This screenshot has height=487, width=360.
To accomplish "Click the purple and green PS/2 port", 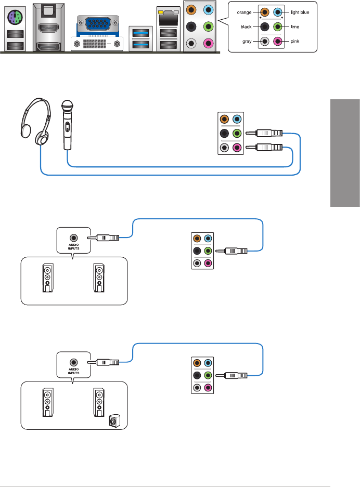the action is [x=15, y=17].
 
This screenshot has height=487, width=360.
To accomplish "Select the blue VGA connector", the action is [x=98, y=23].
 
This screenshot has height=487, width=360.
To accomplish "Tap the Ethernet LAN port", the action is [x=168, y=19].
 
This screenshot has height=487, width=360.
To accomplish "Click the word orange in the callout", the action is [x=244, y=12].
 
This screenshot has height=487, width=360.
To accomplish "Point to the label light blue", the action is [x=300, y=12].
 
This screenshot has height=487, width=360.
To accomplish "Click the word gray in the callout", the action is [x=247, y=41].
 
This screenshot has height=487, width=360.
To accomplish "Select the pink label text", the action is [x=295, y=41].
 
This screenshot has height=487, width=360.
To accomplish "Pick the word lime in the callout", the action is [x=295, y=27].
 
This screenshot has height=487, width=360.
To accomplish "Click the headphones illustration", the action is [x=36, y=122].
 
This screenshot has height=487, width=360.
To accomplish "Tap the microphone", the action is [x=68, y=125].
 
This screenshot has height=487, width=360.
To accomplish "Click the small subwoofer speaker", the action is [x=114, y=421].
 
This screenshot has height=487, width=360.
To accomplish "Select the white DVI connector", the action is [x=97, y=44].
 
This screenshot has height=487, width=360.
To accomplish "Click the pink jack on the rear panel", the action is [x=209, y=43].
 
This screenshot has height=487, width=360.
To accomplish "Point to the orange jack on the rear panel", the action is [x=191, y=10].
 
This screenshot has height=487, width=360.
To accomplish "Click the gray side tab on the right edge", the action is [x=345, y=153].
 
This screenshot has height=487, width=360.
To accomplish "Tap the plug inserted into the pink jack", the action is [x=264, y=147].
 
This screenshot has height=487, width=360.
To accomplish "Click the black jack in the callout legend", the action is [x=265, y=27].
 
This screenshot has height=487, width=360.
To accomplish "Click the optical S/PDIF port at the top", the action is [x=48, y=11].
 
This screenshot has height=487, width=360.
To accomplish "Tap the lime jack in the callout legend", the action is [x=278, y=27].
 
